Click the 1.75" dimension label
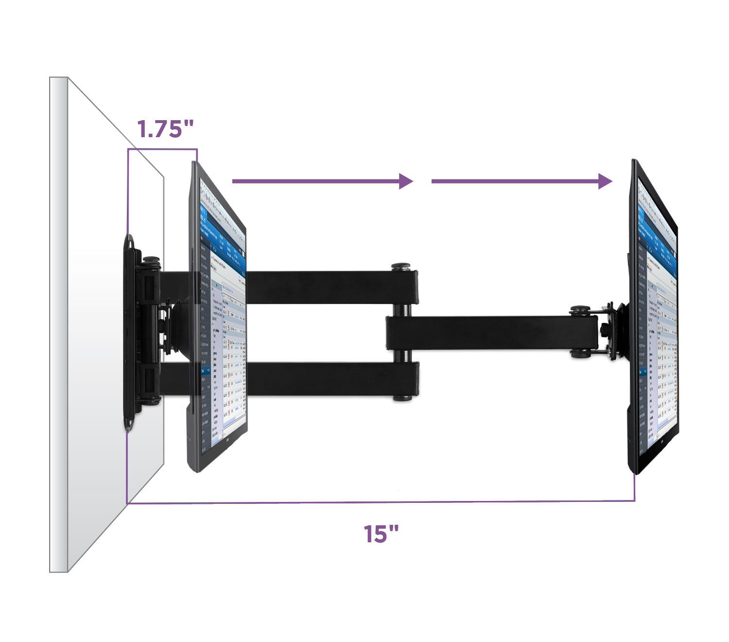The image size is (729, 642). pyautogui.click(x=165, y=129)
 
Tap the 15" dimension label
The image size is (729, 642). pyautogui.click(x=381, y=534)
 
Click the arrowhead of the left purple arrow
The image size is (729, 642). pyautogui.click(x=406, y=181)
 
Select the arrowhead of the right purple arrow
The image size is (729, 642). pyautogui.click(x=605, y=181)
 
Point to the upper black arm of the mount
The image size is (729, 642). pyautogui.click(x=330, y=287)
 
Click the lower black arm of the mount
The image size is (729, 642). pyautogui.click(x=330, y=378)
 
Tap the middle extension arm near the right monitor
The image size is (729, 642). pyautogui.click(x=491, y=333)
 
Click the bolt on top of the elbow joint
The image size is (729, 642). pyautogui.click(x=401, y=267)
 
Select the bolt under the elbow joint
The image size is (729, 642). pyautogui.click(x=402, y=397)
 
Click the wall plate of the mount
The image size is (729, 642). pyautogui.click(x=130, y=331)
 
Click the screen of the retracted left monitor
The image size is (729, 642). pyautogui.click(x=224, y=331)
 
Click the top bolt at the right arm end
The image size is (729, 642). pyautogui.click(x=580, y=309)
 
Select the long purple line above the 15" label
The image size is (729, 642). pyautogui.click(x=379, y=502)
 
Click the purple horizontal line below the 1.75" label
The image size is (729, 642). pyautogui.click(x=162, y=149)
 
